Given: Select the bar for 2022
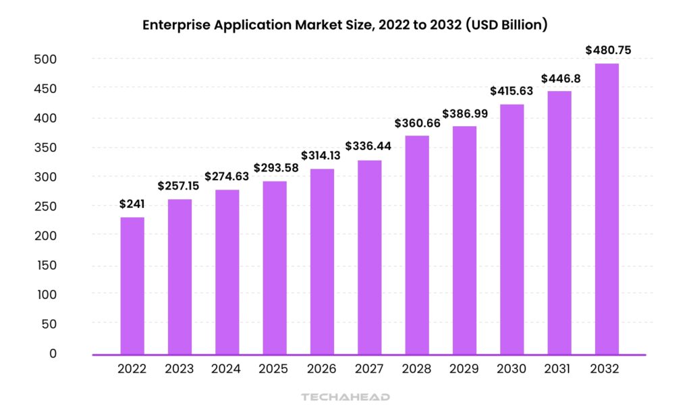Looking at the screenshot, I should coord(132,285).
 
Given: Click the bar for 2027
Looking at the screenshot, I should coord(369,257).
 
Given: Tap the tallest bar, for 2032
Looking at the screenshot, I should coord(606,209).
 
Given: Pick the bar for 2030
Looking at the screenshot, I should coord(512,229).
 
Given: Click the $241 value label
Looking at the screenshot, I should coord(132,203).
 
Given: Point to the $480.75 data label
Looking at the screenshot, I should coord(609,49).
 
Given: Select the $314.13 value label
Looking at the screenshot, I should coord(322,155).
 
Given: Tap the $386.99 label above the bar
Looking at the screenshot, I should coord(464,112).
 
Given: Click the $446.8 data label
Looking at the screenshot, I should coord(559,78).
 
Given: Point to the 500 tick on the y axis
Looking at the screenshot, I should coord(45,59).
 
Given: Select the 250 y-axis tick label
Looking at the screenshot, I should coord(45,207).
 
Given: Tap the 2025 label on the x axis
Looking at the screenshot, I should coord(274,369).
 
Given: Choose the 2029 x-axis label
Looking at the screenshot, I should coord(464,369).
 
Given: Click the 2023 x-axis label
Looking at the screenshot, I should coord(179,369).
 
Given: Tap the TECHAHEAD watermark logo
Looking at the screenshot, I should coord(345,398).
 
